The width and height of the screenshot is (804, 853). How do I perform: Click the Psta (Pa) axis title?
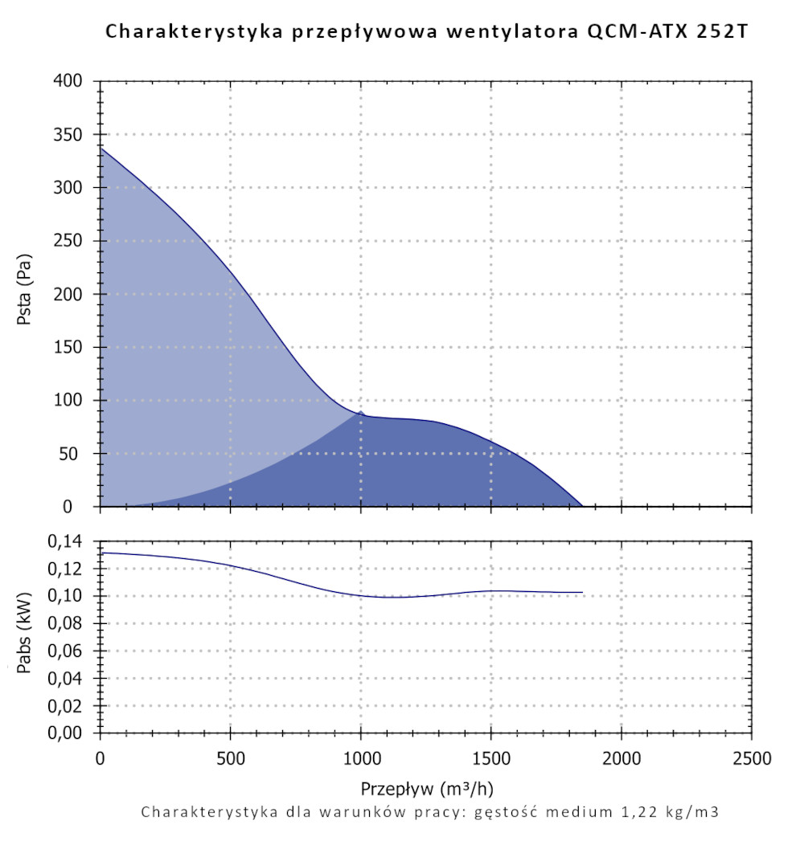(24, 294)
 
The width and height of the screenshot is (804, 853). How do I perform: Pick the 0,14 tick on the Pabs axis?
(66, 542)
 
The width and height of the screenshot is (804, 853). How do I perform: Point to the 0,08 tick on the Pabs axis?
(66, 624)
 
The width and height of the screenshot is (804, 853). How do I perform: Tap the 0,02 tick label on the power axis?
(66, 706)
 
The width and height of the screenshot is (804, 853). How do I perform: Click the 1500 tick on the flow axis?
(490, 759)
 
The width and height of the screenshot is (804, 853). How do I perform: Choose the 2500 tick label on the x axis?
(751, 759)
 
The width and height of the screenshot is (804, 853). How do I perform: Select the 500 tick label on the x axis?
(230, 759)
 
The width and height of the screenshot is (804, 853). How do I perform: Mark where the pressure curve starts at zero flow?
(100, 148)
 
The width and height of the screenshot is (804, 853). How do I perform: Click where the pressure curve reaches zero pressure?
(582, 506)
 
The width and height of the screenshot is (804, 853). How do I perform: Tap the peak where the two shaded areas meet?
(361, 412)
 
